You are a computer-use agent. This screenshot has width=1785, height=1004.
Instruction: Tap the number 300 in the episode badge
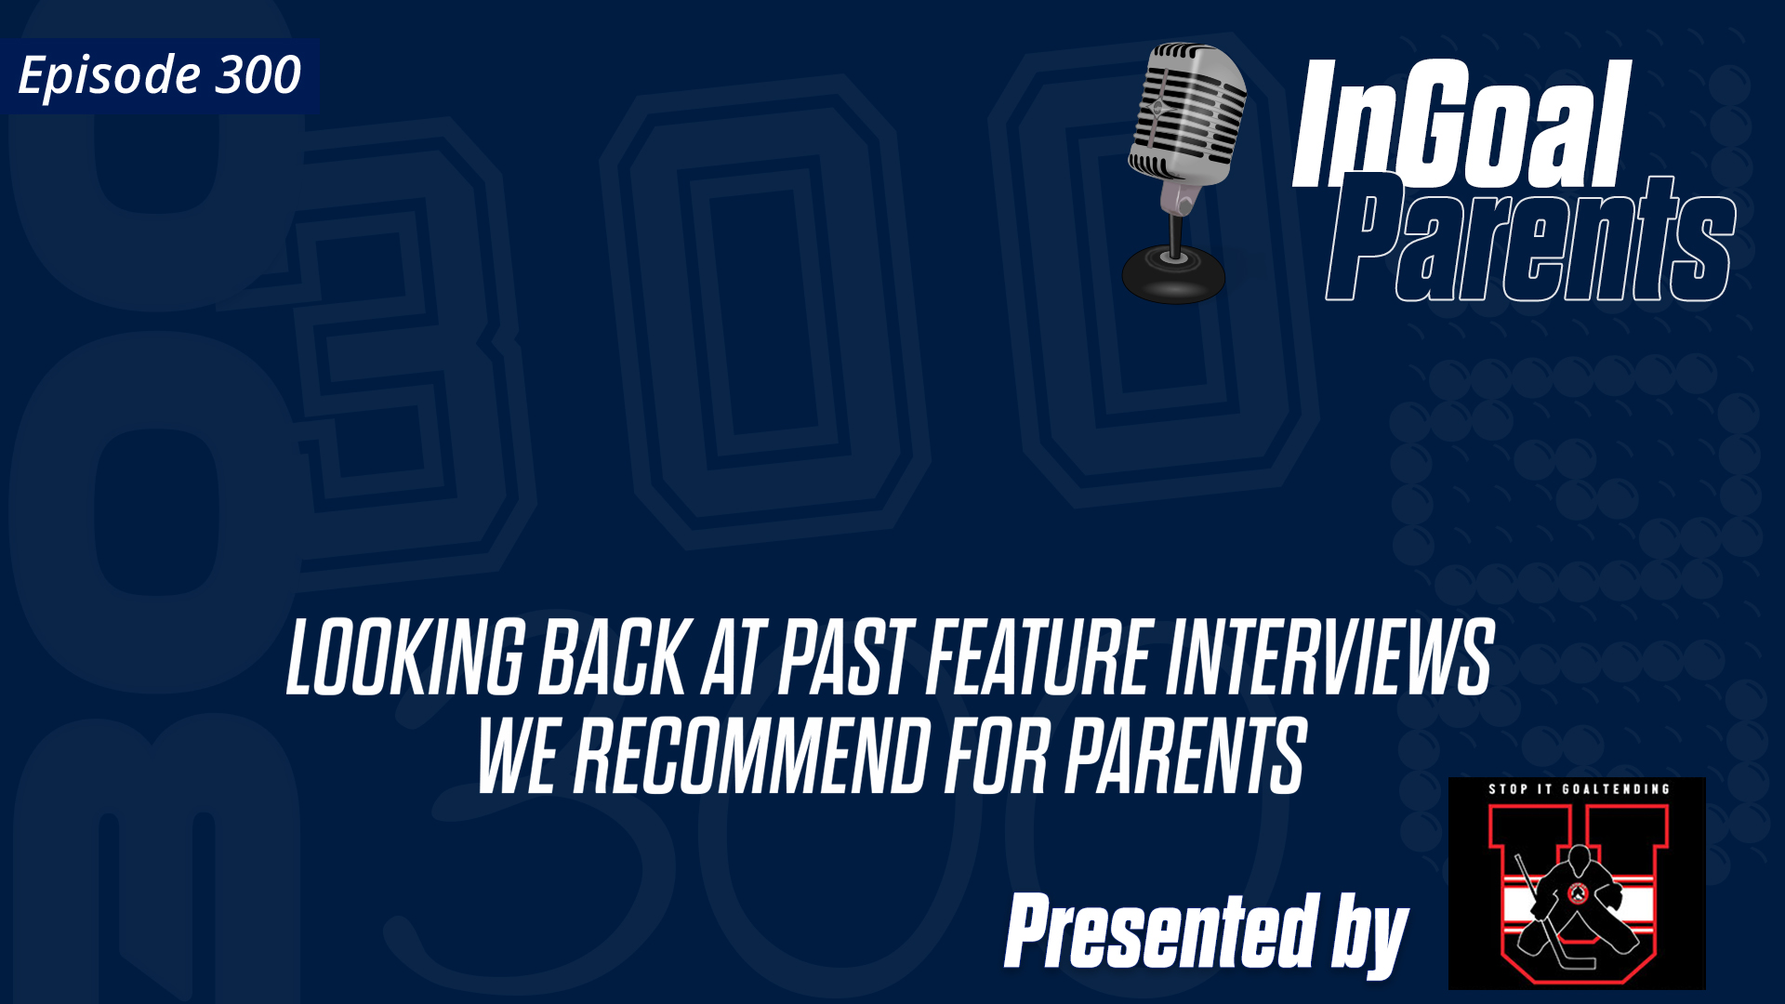tap(258, 74)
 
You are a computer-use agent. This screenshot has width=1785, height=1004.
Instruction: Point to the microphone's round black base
tap(1173, 275)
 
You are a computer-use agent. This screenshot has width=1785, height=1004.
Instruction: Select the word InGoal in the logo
tap(1461, 125)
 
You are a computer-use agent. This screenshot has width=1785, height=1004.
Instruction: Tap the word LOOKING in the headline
tap(405, 658)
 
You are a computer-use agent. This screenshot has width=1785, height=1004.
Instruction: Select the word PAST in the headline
tap(843, 658)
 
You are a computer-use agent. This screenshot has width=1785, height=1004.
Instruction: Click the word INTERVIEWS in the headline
tap(1329, 658)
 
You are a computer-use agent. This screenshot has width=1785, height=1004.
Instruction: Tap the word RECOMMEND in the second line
tap(751, 757)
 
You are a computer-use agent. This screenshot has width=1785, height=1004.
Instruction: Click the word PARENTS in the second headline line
tap(1185, 757)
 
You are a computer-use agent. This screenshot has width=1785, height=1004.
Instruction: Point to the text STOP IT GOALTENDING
tap(1579, 789)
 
